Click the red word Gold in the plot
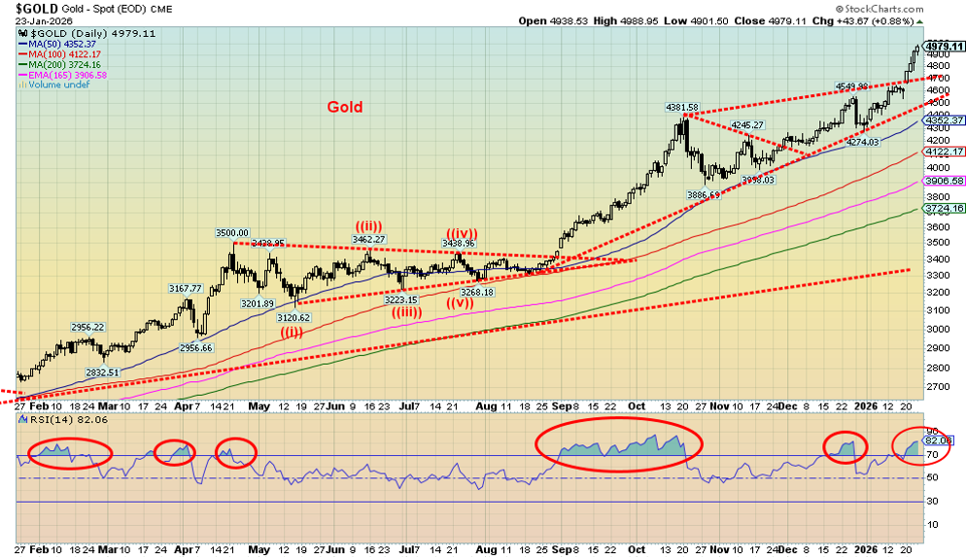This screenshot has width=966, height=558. pyautogui.click(x=345, y=107)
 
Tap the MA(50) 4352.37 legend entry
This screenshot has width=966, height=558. pyautogui.click(x=63, y=45)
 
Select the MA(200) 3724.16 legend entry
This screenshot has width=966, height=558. pyautogui.click(x=65, y=65)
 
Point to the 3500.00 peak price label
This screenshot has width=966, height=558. pyautogui.click(x=233, y=233)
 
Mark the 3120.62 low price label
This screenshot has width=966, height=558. pyautogui.click(x=292, y=318)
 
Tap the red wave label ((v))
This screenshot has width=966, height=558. pyautogui.click(x=461, y=303)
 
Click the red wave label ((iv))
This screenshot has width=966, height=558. pyautogui.click(x=462, y=232)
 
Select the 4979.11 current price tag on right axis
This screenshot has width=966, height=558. pyautogui.click(x=944, y=46)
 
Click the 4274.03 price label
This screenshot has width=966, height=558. pyautogui.click(x=862, y=142)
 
